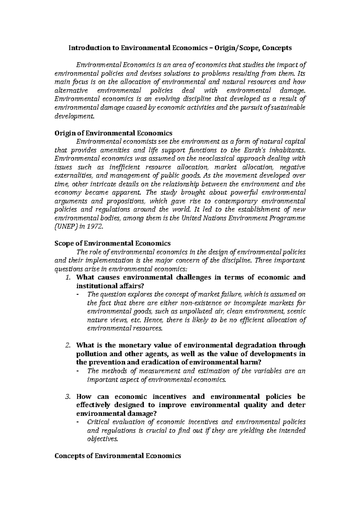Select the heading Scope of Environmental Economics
click(x=112, y=243)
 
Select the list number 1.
click(x=67, y=277)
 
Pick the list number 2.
click(x=67, y=345)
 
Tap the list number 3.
click(x=67, y=397)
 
